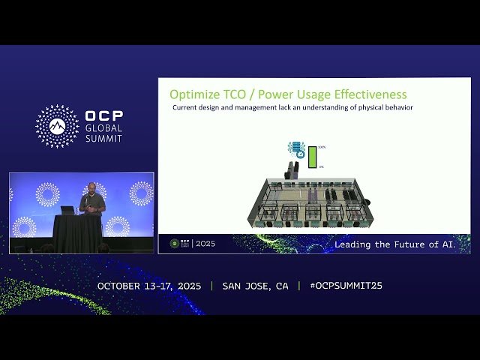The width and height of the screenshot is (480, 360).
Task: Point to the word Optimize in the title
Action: (x=193, y=94)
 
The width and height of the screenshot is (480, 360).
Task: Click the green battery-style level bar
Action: (x=312, y=157)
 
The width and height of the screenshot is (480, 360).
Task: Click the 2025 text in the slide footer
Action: (x=205, y=244)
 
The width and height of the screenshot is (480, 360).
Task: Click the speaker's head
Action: (x=91, y=187)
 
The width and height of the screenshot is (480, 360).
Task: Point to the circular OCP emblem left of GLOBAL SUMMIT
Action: (x=57, y=126)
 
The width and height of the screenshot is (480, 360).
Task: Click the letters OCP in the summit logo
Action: (x=104, y=117)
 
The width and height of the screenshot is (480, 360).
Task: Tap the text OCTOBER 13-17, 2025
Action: (x=150, y=286)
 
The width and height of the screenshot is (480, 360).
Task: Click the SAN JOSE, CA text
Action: (x=255, y=286)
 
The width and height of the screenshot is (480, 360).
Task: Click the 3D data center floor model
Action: (x=307, y=200)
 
